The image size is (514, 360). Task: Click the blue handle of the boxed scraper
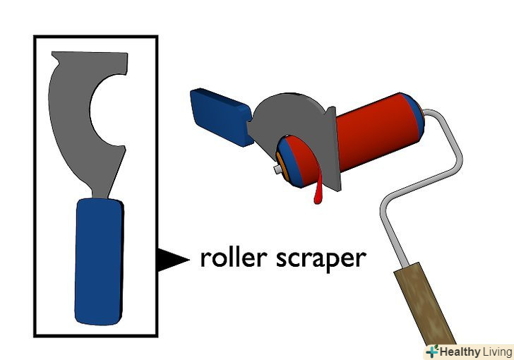(98, 261)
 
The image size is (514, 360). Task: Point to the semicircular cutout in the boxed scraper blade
(106, 109)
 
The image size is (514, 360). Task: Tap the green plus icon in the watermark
(431, 352)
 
